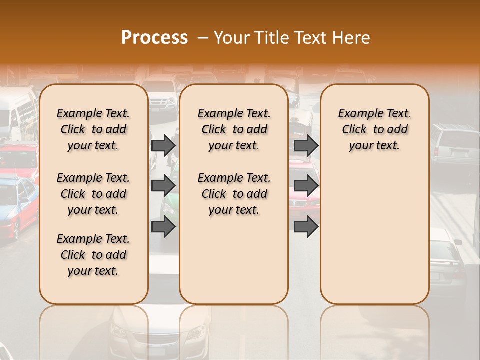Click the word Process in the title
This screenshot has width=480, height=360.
tap(154, 38)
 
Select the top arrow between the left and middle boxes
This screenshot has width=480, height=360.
tap(163, 145)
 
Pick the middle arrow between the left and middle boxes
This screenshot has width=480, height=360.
tap(163, 186)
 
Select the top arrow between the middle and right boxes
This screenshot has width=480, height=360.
tap(306, 145)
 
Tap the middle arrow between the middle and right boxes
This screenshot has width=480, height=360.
tap(306, 186)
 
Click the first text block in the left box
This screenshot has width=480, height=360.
tap(93, 129)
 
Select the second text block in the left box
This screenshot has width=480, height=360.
tap(93, 194)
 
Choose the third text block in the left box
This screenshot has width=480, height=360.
tap(93, 255)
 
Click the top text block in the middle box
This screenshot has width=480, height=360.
tap(234, 129)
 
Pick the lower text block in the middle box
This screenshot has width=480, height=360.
tap(234, 194)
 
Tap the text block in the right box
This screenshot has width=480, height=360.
tap(374, 129)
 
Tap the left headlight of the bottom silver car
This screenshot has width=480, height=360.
tap(119, 330)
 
